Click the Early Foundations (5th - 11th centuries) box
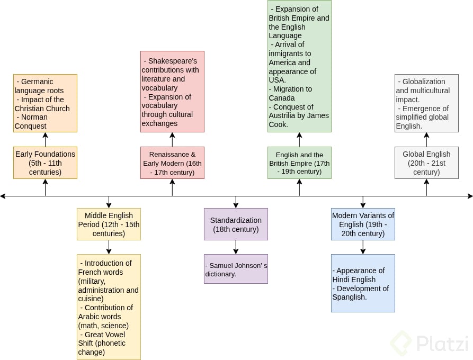point(45,163)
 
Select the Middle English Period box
point(109,224)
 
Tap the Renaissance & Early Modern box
point(172,163)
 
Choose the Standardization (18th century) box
point(236,224)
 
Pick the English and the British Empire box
point(299,163)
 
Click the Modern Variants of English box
point(363,224)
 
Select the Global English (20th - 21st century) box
point(426,163)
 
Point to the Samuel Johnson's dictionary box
point(236,268)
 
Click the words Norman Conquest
point(32,122)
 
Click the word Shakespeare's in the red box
point(172,61)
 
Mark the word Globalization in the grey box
point(424,82)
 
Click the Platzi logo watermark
point(429,343)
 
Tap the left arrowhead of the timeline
point(3,196)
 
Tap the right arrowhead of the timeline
point(470,196)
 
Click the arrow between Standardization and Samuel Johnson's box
point(236,247)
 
